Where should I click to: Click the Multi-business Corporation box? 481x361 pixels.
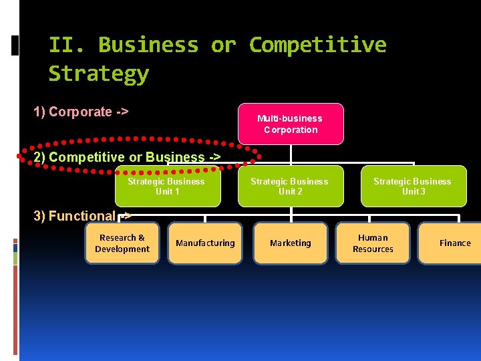coord(290,124)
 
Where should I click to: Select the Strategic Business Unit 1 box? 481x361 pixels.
coord(167,187)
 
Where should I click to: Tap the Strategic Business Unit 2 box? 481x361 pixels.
coord(290,187)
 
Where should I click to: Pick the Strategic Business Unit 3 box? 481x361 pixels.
coord(413,187)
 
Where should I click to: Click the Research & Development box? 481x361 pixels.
coord(122,243)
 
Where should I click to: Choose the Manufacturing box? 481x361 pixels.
coord(205,243)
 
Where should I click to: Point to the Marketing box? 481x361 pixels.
coord(291,243)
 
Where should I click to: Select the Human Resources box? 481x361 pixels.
coord(373,243)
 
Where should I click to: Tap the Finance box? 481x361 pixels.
coord(455,243)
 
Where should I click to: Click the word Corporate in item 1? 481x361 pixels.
coord(80,112)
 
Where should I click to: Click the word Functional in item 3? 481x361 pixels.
coord(82,216)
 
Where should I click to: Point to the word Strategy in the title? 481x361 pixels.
coord(98,74)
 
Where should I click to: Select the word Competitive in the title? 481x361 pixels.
coord(317,45)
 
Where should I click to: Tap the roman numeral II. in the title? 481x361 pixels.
coord(67,45)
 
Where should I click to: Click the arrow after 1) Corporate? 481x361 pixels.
coord(122,112)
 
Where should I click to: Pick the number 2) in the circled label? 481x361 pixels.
coord(39,157)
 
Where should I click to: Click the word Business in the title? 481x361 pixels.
coord(148,45)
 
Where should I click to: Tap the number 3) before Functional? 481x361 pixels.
coord(39,216)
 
